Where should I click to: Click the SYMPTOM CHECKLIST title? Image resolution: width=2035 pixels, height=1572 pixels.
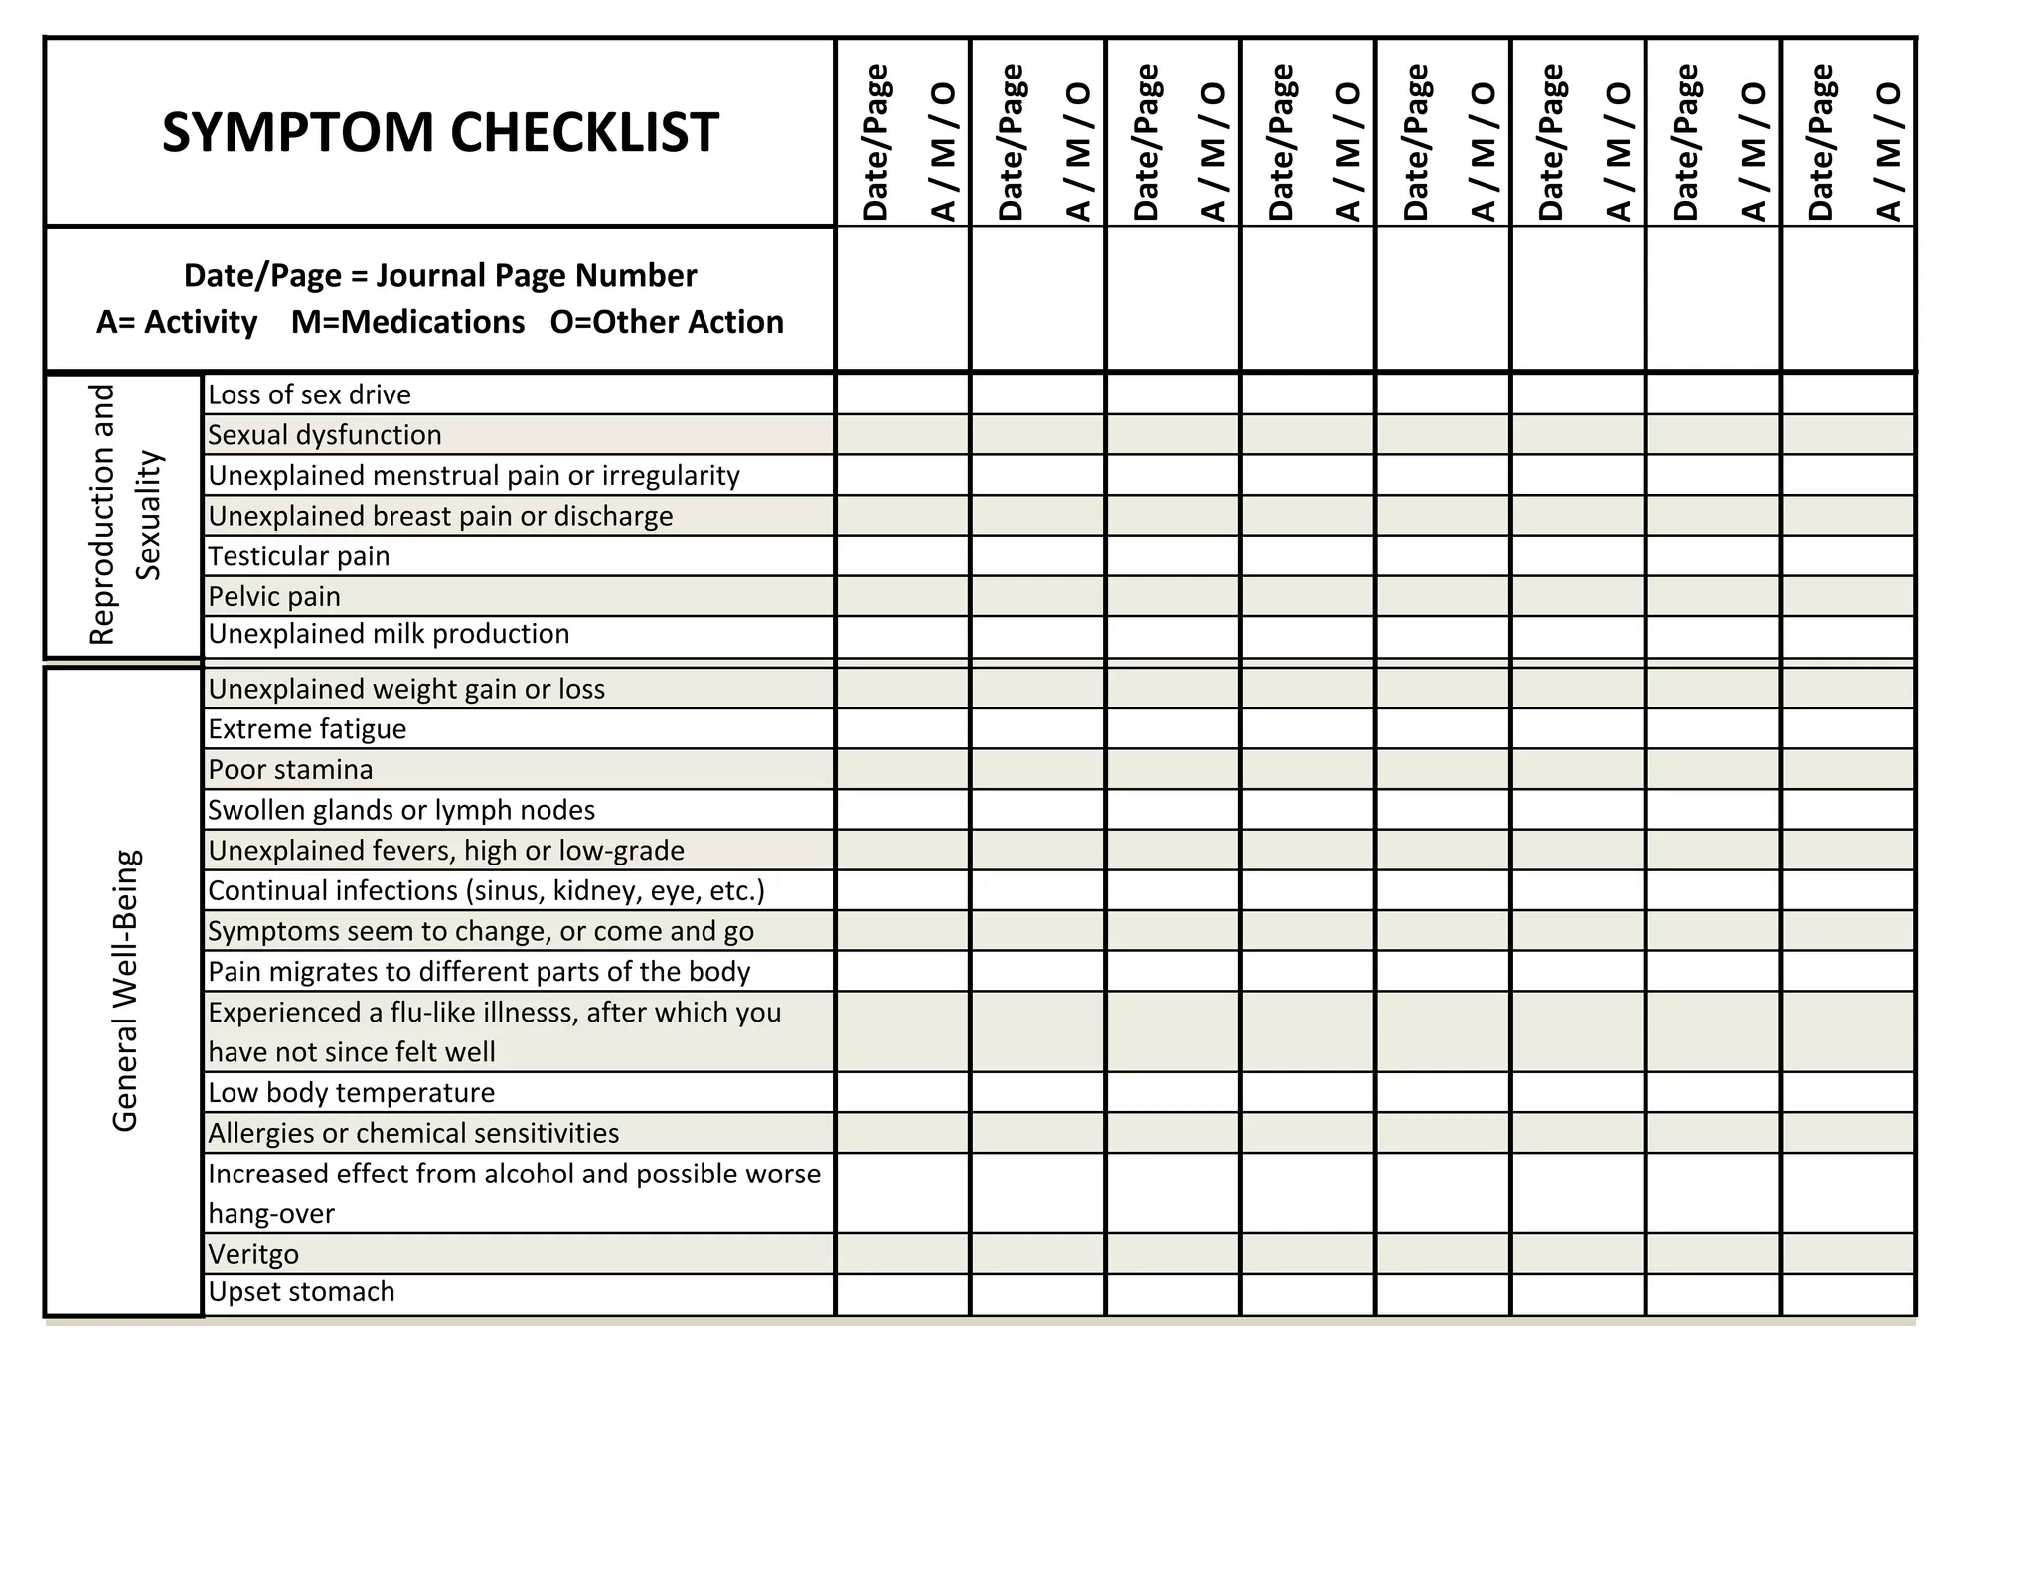click(439, 132)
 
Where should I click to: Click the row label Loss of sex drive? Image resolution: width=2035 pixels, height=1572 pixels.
click(309, 394)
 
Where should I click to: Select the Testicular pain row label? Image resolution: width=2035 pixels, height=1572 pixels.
click(298, 556)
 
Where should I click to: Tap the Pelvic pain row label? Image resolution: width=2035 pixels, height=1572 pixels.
click(274, 596)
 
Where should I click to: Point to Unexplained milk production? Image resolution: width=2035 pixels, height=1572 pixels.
click(389, 634)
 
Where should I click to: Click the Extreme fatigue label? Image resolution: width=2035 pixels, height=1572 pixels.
click(307, 729)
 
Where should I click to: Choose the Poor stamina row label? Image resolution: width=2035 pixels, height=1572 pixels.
click(290, 770)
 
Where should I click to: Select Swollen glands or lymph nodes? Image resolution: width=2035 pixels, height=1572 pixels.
click(401, 810)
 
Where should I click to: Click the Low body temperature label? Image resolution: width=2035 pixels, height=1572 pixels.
click(351, 1093)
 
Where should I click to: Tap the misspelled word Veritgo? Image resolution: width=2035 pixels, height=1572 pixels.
click(253, 1254)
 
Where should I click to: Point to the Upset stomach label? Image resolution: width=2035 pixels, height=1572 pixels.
click(301, 1292)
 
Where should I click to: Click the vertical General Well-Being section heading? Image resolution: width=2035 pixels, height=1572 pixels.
click(125, 991)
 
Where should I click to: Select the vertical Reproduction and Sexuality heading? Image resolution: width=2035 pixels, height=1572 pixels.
click(124, 515)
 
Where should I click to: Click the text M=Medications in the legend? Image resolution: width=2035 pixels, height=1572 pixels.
click(407, 322)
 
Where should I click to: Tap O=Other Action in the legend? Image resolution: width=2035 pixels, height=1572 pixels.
click(667, 322)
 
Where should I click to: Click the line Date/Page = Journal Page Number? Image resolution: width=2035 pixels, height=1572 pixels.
click(440, 275)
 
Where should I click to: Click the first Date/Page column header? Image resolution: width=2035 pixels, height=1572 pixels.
click(875, 141)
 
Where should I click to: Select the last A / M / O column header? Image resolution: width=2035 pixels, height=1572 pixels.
click(1887, 151)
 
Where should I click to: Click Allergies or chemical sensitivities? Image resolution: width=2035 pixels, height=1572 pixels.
click(413, 1133)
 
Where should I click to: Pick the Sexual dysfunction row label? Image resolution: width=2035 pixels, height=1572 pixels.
click(325, 435)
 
